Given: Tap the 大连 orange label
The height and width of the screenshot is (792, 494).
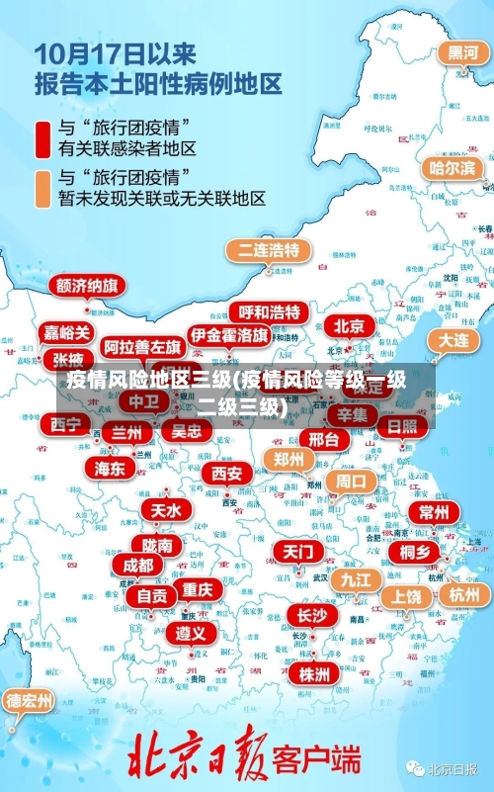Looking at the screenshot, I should pos(453,339).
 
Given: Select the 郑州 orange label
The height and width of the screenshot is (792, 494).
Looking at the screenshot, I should pos(288,459).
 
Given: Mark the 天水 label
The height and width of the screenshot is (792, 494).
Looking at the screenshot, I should pos(165,510).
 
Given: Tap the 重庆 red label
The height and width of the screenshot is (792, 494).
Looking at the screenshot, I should pos(197,589).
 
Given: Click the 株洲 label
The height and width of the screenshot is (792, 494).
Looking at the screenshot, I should pos(314,674).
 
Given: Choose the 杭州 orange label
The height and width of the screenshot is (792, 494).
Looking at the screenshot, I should pos(462,594).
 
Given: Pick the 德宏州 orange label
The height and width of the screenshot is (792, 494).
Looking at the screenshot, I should pos(30,701).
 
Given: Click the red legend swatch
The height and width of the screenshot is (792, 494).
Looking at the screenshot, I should pos(42,138).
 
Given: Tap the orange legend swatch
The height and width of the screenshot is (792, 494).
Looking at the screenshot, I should pos(42,188).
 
